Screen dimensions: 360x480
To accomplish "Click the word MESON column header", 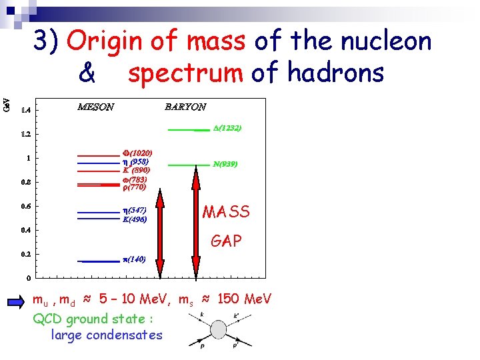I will click(95, 107).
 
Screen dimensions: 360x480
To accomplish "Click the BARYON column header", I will click(185, 107).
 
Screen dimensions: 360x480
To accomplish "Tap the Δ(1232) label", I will click(227, 127).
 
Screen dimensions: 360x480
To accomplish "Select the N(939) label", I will click(225, 164).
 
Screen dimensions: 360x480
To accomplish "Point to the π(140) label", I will click(133, 259).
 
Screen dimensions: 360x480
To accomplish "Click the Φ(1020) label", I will click(137, 153).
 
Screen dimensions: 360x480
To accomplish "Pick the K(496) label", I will click(134, 219).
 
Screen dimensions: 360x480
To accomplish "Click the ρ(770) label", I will click(134, 187).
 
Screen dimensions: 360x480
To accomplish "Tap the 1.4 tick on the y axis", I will click(25, 109).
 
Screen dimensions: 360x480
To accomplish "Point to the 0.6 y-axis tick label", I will click(25, 206).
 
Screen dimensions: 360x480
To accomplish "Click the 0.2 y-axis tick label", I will click(25, 254).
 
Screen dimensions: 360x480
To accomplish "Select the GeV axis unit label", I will click(7, 104).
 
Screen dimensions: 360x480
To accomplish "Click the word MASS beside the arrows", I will click(226, 212).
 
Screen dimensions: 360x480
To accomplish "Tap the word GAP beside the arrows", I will click(226, 241).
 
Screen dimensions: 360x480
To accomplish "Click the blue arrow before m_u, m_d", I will click(17, 301).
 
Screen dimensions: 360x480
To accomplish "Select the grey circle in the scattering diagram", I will click(218, 329).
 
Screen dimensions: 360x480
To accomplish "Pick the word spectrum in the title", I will click(185, 73).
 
